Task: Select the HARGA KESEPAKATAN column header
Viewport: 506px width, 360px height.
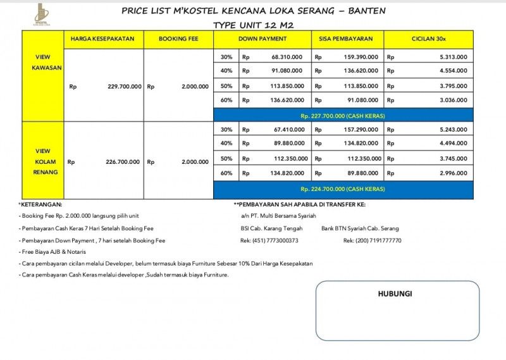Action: (102, 39)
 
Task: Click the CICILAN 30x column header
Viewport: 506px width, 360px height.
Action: (429, 39)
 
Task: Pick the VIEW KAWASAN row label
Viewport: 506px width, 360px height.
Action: (42, 62)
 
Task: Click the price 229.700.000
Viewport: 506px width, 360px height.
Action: (125, 86)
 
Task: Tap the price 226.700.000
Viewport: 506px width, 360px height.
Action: (123, 162)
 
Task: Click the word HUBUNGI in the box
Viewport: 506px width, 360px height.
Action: (395, 294)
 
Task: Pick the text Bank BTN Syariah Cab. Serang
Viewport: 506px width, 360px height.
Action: (360, 228)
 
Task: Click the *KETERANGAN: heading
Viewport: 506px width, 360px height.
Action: (40, 204)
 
